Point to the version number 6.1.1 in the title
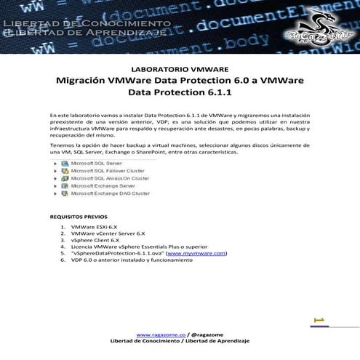click(215, 93)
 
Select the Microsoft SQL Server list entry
click(95, 164)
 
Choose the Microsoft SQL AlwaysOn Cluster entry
click(109, 178)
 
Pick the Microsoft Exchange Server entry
click(103, 186)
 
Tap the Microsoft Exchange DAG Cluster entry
click(110, 193)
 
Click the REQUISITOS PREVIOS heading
click(79, 217)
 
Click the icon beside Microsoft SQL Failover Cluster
click(65, 171)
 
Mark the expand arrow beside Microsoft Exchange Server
click(55, 186)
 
